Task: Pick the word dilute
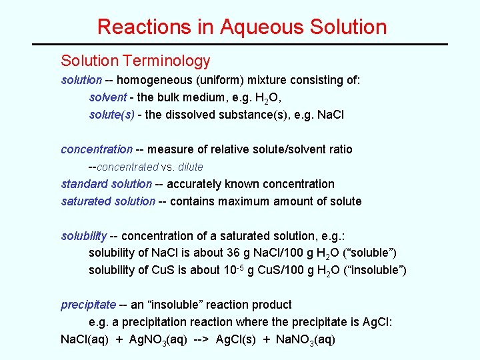pyautogui.click(x=190, y=167)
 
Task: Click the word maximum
pyautogui.click(x=249, y=201)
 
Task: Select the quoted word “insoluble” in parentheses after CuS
pyautogui.click(x=379, y=270)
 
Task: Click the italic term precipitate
pyautogui.click(x=89, y=305)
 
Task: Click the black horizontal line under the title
pyautogui.click(x=240, y=45)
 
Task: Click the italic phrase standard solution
pyautogui.click(x=106, y=184)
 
